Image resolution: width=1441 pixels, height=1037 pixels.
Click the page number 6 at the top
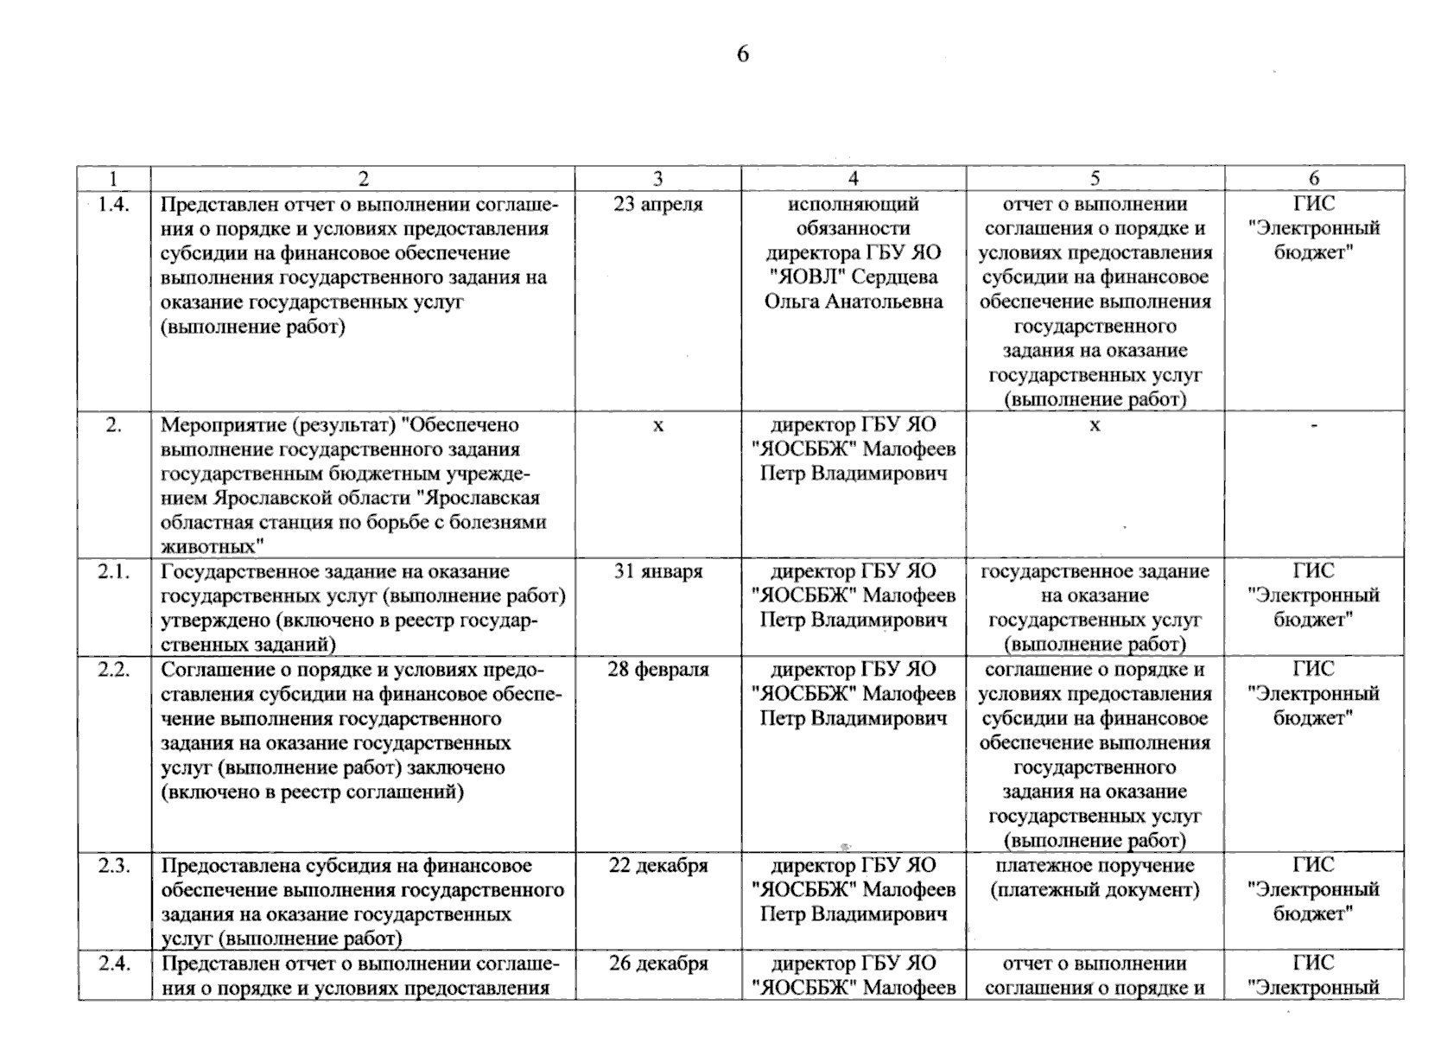pyautogui.click(x=742, y=54)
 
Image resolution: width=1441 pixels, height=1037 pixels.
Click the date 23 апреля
pyautogui.click(x=658, y=205)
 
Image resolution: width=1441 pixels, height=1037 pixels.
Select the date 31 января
pyautogui.click(x=658, y=571)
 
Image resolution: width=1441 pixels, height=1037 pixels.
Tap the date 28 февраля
pyautogui.click(x=658, y=670)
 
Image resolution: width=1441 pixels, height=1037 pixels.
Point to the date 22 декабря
pyautogui.click(x=658, y=866)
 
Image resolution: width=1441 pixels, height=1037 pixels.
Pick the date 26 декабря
pyautogui.click(x=658, y=964)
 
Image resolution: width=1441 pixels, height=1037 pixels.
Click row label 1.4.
pyautogui.click(x=113, y=205)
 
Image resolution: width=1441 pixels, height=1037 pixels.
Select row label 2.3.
pyautogui.click(x=113, y=866)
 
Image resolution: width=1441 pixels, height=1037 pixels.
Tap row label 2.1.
pyautogui.click(x=113, y=571)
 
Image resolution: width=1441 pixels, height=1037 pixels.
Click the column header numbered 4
pyautogui.click(x=854, y=179)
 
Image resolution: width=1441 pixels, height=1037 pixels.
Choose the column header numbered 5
pyautogui.click(x=1095, y=179)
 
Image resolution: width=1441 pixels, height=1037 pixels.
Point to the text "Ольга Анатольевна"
pyautogui.click(x=854, y=302)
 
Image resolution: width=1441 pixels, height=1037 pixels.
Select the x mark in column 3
pyautogui.click(x=658, y=425)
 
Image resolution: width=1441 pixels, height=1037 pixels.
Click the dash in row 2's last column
pyautogui.click(x=1314, y=424)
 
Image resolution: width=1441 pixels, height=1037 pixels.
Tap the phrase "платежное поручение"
pyautogui.click(x=1095, y=866)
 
